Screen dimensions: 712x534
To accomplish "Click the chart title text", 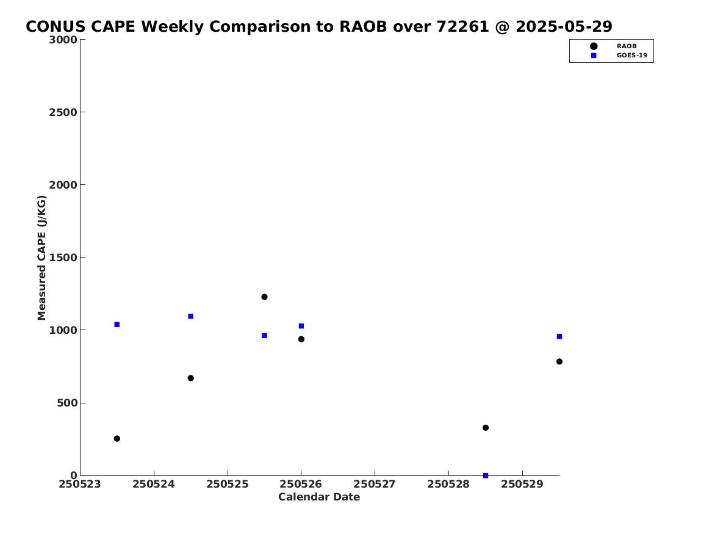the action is [x=318, y=27].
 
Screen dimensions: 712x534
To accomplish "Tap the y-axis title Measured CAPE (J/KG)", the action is [x=41, y=258].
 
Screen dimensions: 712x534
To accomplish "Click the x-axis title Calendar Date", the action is [x=318, y=497].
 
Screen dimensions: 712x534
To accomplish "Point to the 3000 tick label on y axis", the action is [x=63, y=40].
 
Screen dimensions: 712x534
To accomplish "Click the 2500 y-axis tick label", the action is [x=63, y=112].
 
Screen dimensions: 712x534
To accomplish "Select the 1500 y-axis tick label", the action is [x=63, y=258].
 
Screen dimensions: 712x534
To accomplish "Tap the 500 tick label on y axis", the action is [x=67, y=403].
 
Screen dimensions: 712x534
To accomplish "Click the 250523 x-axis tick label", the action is [x=80, y=484].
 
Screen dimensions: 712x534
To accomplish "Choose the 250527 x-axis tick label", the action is [x=375, y=484].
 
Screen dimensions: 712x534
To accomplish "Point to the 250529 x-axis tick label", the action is [x=522, y=484].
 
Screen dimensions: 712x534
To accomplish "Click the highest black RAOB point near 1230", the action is [x=264, y=297].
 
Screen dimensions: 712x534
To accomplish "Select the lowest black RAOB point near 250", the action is [x=117, y=439].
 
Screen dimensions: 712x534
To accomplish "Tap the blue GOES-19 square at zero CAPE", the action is [x=486, y=475].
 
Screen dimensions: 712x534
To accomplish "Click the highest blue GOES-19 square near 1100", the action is [x=191, y=316].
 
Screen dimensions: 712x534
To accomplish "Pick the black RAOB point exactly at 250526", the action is [x=301, y=339].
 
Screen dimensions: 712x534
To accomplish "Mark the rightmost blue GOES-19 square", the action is [x=559, y=336].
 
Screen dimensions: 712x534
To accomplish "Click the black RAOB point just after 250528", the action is [x=486, y=428].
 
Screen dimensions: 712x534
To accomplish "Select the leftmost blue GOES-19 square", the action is [x=117, y=325].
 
